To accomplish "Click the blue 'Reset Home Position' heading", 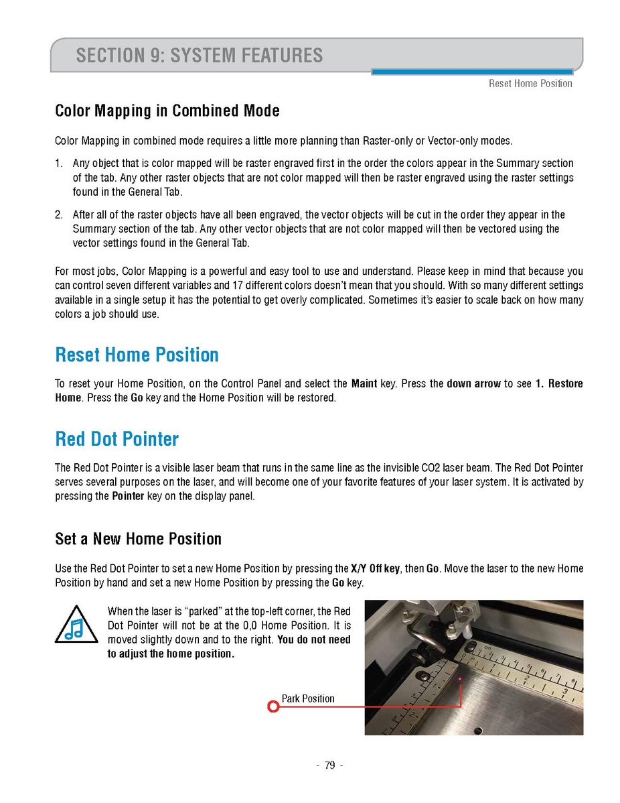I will point(137,354).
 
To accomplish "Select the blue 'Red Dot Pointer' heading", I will point(117,439).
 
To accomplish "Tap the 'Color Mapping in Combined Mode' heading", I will point(167,111).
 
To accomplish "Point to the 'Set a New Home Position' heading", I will point(138,539).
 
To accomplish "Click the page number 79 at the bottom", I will point(329,765).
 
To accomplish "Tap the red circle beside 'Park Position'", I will point(273,706).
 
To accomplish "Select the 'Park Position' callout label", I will point(307,698).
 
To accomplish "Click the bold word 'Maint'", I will point(364,384).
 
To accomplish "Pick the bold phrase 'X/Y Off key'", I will point(376,568).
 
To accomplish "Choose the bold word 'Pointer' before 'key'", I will point(128,497).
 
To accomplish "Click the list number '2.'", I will point(59,215).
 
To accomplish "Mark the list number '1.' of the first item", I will point(59,164).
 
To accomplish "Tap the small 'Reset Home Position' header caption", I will point(530,84).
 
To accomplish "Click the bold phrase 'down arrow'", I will point(473,384).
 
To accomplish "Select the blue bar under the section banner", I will point(471,72).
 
